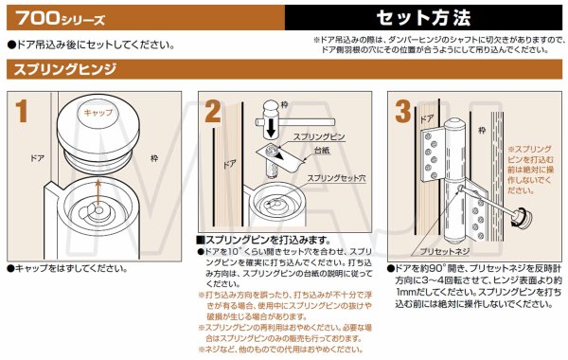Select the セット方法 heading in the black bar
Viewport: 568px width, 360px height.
pyautogui.click(x=423, y=17)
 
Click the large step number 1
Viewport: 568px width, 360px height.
pyautogui.click(x=22, y=112)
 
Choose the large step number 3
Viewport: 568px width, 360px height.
pyautogui.click(x=404, y=112)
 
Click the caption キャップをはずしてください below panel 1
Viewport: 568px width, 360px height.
pyautogui.click(x=68, y=269)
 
